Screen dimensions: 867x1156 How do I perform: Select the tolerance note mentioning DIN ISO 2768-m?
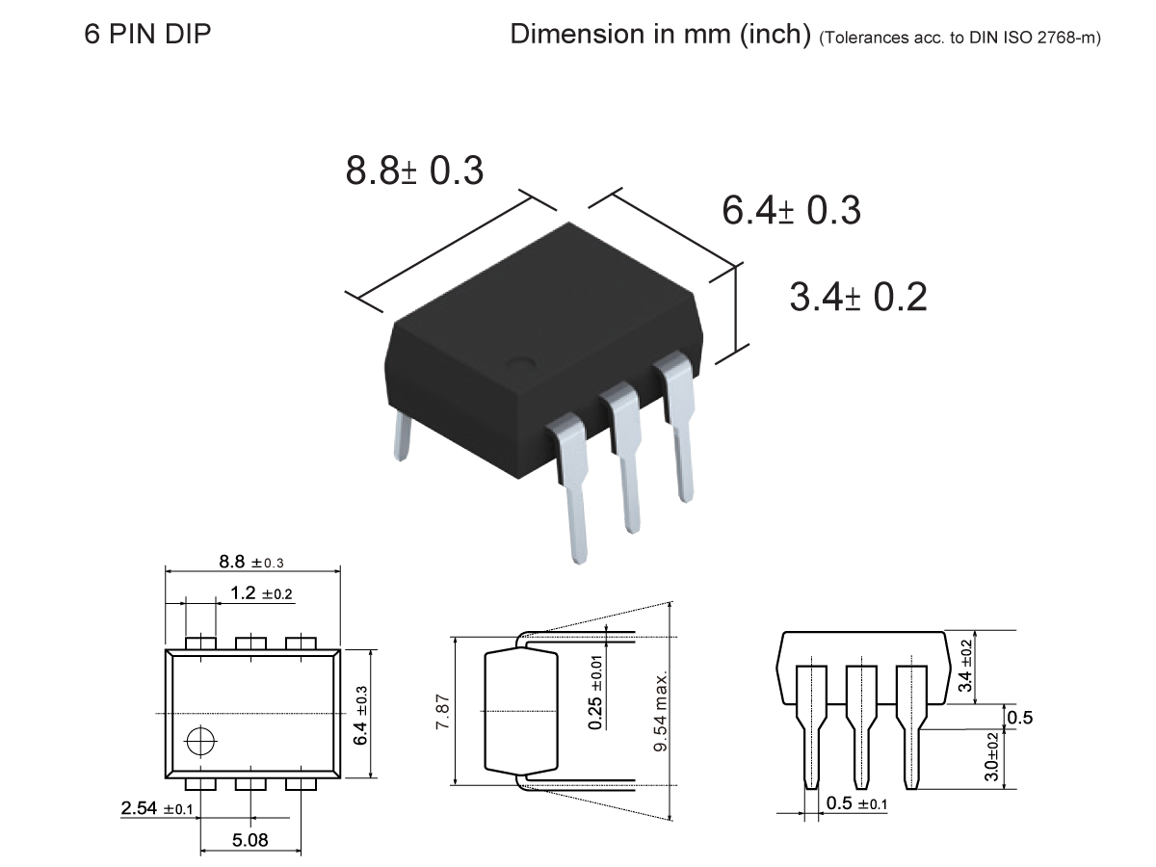click(x=959, y=39)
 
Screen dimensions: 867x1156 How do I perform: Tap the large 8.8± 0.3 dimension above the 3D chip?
click(x=414, y=171)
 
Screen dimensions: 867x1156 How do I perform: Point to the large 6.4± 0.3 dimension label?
click(x=792, y=211)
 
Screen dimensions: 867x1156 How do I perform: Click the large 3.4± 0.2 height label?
click(x=858, y=298)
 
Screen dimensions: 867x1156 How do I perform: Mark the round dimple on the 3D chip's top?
click(x=521, y=364)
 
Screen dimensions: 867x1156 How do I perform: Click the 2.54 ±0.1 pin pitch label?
click(x=157, y=809)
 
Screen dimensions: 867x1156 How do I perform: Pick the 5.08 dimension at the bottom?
click(x=250, y=841)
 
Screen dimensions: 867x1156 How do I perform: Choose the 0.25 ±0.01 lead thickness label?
click(x=597, y=693)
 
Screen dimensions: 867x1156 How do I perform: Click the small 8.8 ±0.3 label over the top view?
click(x=252, y=562)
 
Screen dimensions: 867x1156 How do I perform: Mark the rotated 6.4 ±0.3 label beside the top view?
click(x=360, y=715)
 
